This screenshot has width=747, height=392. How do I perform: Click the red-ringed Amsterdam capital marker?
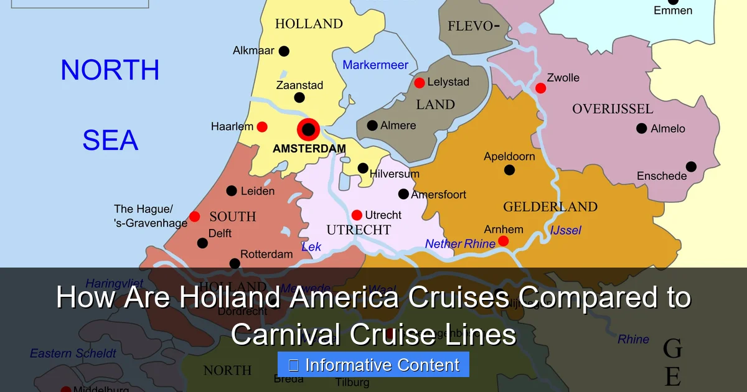[308, 130]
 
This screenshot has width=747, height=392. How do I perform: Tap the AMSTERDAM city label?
[309, 149]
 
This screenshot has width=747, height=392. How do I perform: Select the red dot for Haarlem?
[262, 127]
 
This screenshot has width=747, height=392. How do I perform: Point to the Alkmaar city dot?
[284, 51]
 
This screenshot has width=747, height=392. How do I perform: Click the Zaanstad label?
[299, 85]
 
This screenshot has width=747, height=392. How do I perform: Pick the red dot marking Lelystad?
[420, 83]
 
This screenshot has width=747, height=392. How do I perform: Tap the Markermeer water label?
[375, 65]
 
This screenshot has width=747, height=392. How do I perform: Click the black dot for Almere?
[372, 126]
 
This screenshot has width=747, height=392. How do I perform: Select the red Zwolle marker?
[540, 88]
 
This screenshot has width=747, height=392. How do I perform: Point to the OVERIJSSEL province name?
[613, 110]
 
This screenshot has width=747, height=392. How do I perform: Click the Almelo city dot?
[642, 128]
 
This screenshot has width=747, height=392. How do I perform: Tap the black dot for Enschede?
[692, 167]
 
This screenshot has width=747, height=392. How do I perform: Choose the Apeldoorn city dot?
[510, 170]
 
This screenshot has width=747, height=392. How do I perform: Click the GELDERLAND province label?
[550, 207]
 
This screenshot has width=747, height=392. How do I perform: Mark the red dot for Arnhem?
[504, 241]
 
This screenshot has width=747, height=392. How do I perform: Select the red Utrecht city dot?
[357, 215]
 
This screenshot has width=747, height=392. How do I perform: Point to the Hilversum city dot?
[363, 168]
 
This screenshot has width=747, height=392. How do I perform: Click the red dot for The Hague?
[195, 217]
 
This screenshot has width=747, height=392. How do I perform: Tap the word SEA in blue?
[110, 141]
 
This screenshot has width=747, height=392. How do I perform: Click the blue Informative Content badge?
[374, 365]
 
